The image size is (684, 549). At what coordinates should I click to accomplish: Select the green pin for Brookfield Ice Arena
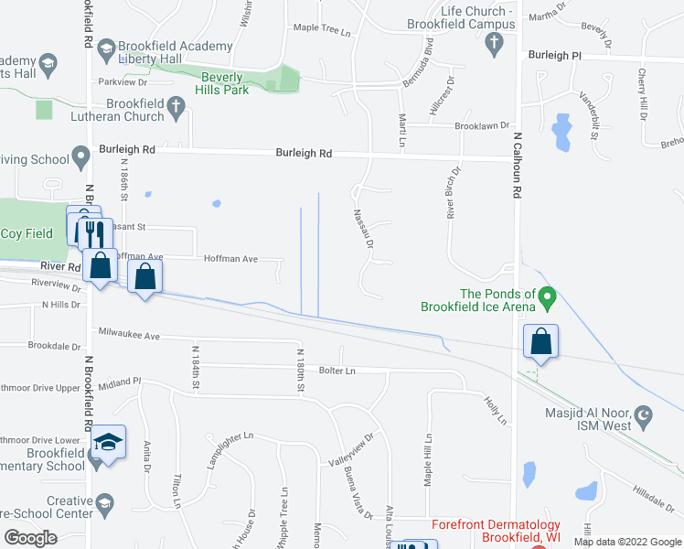point(547,297)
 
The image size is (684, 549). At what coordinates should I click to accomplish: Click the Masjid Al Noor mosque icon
point(644,419)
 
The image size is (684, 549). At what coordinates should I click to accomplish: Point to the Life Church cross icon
point(494,42)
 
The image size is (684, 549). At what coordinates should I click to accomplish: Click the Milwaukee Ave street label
point(128,335)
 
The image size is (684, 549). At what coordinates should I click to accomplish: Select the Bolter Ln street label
point(337,370)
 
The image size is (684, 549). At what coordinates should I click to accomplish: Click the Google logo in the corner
point(30,537)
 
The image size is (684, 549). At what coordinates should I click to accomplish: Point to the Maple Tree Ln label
point(322,28)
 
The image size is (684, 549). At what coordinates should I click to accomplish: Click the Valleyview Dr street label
point(351,449)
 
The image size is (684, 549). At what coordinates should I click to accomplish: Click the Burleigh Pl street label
point(554,55)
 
